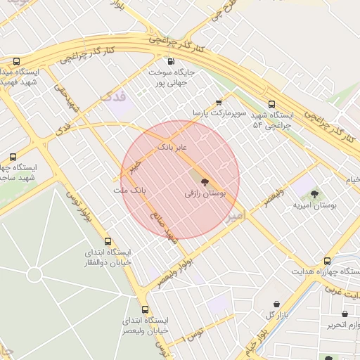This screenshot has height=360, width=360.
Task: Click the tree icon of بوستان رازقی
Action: pos(205,182)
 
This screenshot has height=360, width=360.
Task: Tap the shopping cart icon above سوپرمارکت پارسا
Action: pos(219,102)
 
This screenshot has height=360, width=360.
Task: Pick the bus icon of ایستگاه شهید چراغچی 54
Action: pos(272,105)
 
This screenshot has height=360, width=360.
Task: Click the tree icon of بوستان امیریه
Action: pos(314,194)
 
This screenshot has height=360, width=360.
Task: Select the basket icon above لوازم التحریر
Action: pos(345,314)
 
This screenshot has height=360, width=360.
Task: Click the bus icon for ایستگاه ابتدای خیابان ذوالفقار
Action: pos(107,241)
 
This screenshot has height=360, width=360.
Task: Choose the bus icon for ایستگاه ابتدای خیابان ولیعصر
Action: pos(145,309)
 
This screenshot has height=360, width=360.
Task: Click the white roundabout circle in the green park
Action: pos(33,274)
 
